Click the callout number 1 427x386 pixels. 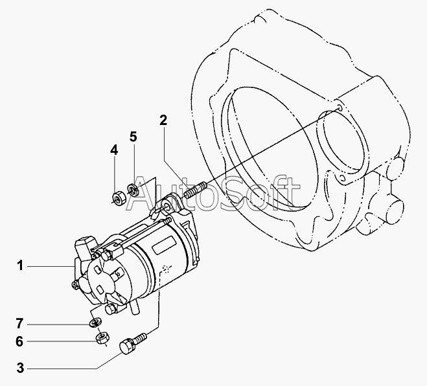tap(20, 266)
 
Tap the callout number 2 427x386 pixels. tap(163, 120)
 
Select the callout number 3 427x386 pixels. tap(21, 368)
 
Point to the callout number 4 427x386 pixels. tap(114, 150)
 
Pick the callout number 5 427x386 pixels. tap(133, 137)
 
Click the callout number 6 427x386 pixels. tap(19, 341)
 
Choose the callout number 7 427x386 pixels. tap(19, 324)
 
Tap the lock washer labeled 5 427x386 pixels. tap(133, 190)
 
